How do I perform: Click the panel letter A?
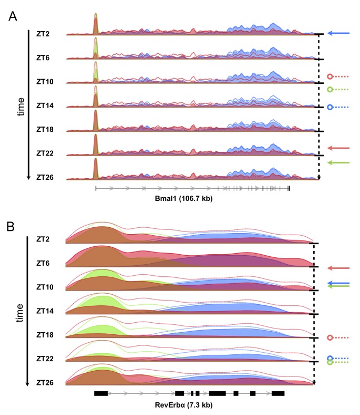(14, 16)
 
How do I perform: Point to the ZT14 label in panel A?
(44, 106)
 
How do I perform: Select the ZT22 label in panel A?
(44, 153)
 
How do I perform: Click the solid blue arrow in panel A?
(338, 33)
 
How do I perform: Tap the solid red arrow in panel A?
(338, 149)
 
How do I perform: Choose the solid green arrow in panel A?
(338, 163)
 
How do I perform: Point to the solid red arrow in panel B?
(338, 268)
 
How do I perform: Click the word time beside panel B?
(20, 313)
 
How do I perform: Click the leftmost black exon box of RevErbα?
(101, 393)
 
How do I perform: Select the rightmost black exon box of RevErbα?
(278, 393)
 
